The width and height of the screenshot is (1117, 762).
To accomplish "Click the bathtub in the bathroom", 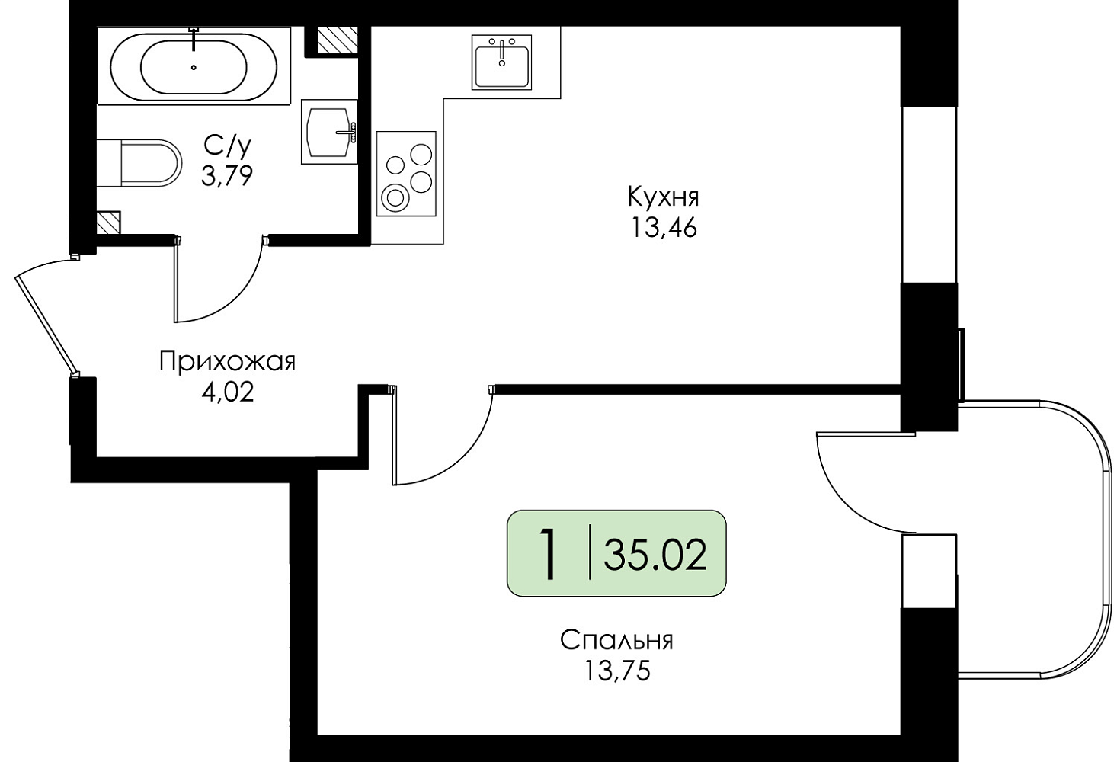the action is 194,66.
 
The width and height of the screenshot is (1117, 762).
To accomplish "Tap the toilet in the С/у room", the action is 139,163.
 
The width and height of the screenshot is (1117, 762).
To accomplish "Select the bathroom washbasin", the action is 330,132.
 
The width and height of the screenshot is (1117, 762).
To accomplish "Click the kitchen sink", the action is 501,62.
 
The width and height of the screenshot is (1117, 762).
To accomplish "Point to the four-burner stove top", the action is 406,174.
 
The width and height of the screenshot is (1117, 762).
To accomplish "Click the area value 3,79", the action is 227,175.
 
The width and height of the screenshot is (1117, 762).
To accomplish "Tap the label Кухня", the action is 663,197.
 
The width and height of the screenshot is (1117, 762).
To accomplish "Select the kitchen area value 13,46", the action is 664,228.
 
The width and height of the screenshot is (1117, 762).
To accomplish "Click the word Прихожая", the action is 227,361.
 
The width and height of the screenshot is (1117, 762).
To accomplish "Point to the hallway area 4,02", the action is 227,392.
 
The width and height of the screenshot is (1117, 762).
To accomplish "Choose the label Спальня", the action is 617,640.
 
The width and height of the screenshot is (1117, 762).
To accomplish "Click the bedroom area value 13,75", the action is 617,672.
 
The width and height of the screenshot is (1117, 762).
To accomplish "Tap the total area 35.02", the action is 655,555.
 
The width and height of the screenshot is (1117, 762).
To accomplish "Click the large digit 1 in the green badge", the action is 549,554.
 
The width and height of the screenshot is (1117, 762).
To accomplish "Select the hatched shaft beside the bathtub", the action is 338,40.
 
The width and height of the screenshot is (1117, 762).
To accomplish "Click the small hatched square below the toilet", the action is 108,223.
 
